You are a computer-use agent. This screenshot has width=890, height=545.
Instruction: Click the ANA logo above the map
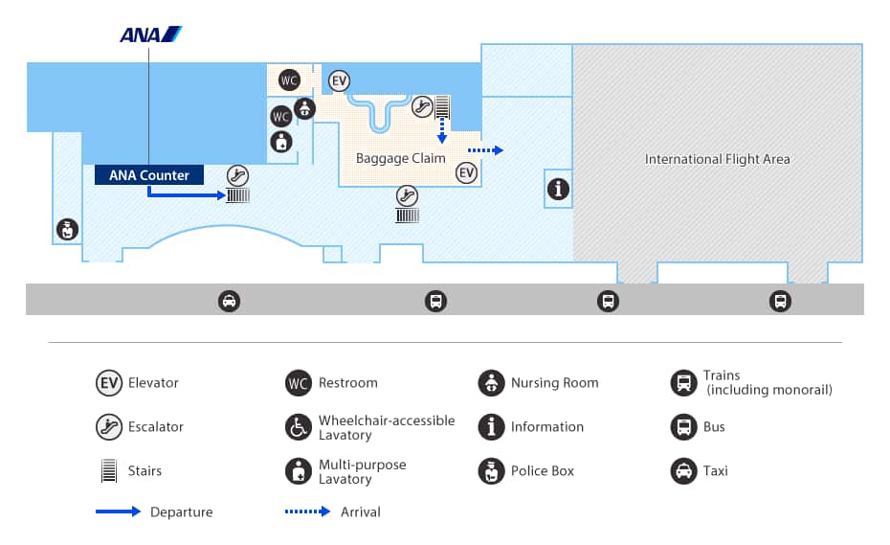150,34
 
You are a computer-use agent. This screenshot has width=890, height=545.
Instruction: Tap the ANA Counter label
149,175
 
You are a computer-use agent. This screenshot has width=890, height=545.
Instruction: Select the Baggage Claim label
401,158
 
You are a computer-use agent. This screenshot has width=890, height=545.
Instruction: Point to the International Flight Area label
717,159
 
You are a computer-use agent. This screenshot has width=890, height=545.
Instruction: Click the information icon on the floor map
558,189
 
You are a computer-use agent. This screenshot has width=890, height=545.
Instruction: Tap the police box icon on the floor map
67,230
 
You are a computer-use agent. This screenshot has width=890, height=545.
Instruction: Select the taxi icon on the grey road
230,302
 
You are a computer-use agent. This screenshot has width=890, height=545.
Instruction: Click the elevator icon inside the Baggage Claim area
466,172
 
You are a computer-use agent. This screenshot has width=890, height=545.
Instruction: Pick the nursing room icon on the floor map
304,108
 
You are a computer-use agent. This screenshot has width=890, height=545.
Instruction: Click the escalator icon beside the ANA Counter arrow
238,174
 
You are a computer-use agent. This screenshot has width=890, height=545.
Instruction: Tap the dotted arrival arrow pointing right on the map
484,150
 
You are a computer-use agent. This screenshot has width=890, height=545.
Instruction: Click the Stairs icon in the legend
108,471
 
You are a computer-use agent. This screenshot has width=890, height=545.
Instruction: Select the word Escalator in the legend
156,427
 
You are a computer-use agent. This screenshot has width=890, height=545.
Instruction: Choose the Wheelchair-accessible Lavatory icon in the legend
299,427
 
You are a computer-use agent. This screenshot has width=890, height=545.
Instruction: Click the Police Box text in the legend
543,471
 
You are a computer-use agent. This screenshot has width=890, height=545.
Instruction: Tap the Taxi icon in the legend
683,471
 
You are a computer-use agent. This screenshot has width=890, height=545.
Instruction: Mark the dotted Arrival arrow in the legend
306,512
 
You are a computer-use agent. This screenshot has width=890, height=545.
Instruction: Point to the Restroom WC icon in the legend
299,383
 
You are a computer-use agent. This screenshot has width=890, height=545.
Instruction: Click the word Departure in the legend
182,512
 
